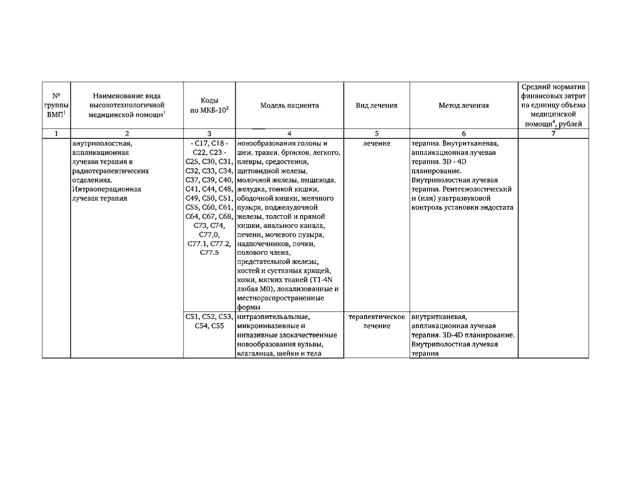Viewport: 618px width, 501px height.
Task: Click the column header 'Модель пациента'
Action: (290, 105)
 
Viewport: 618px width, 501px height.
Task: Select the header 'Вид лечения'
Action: (377, 105)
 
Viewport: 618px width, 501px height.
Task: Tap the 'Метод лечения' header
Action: (463, 105)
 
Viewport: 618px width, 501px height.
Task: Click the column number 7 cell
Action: (553, 134)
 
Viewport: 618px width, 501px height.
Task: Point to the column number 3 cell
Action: (209, 134)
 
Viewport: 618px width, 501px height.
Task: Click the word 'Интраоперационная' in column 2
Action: (107, 189)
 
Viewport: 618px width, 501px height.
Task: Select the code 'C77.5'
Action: (209, 253)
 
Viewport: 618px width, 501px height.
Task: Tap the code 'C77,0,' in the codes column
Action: (209, 235)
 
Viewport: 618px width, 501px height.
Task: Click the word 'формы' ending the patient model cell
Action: (249, 307)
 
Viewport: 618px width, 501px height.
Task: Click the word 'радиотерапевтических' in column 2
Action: (111, 171)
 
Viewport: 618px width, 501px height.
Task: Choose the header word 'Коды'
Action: (209, 101)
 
